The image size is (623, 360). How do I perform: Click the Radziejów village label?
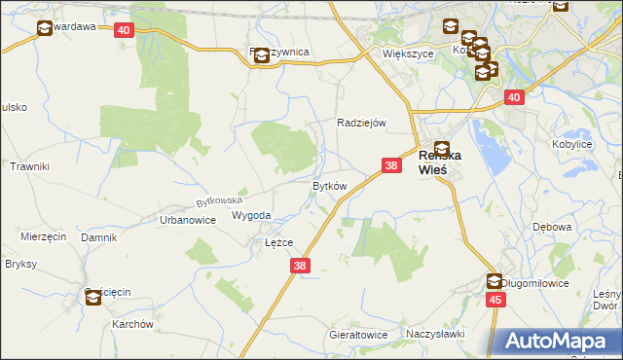click(362, 123)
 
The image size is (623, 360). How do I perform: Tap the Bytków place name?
click(329, 186)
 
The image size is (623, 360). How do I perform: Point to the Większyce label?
click(407, 54)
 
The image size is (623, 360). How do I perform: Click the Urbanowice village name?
click(187, 220)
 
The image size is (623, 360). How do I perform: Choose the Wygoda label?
click(251, 216)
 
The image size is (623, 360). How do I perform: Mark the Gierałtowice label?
click(357, 335)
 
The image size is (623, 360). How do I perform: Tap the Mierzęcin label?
click(43, 236)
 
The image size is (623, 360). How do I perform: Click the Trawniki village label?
click(29, 167)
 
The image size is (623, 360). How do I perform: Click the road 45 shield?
click(496, 301)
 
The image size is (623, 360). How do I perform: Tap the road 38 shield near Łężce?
click(300, 265)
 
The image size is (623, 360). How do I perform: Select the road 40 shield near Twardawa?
click(123, 31)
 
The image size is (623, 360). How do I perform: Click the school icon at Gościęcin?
click(93, 298)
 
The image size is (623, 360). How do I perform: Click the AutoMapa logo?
click(558, 341)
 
